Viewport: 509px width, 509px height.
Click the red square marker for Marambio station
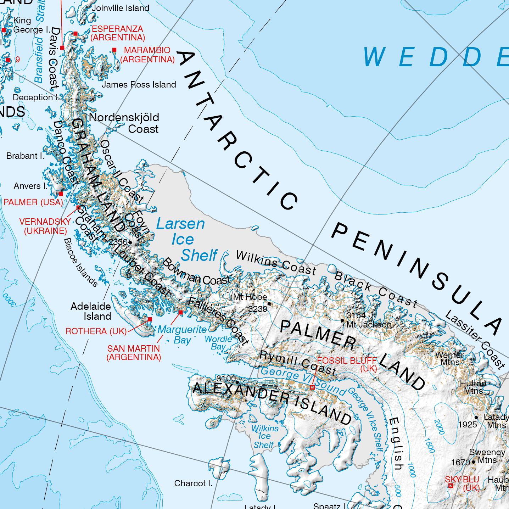click(114, 50)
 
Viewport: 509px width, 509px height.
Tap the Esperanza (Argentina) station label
click(118, 33)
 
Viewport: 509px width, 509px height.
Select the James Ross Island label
click(139, 85)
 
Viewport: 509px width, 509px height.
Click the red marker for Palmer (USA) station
click(61, 194)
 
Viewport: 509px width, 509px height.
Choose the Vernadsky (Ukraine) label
click(45, 226)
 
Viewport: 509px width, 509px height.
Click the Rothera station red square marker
click(150, 319)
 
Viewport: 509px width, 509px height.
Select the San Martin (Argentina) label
click(134, 353)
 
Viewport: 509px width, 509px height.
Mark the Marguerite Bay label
click(182, 334)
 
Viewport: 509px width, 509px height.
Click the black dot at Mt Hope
click(269, 304)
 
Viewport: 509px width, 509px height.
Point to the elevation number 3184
click(356, 315)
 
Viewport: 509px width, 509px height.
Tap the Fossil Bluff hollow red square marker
click(312, 387)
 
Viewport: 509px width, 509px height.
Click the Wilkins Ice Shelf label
click(264, 437)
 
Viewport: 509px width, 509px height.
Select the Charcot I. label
click(193, 483)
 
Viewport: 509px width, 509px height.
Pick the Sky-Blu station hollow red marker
click(451, 486)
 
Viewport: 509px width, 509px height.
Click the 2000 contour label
click(439, 427)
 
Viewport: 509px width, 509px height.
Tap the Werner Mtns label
click(449, 358)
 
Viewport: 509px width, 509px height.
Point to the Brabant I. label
click(25, 156)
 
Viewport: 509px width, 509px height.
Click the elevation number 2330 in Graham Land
click(118, 242)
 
